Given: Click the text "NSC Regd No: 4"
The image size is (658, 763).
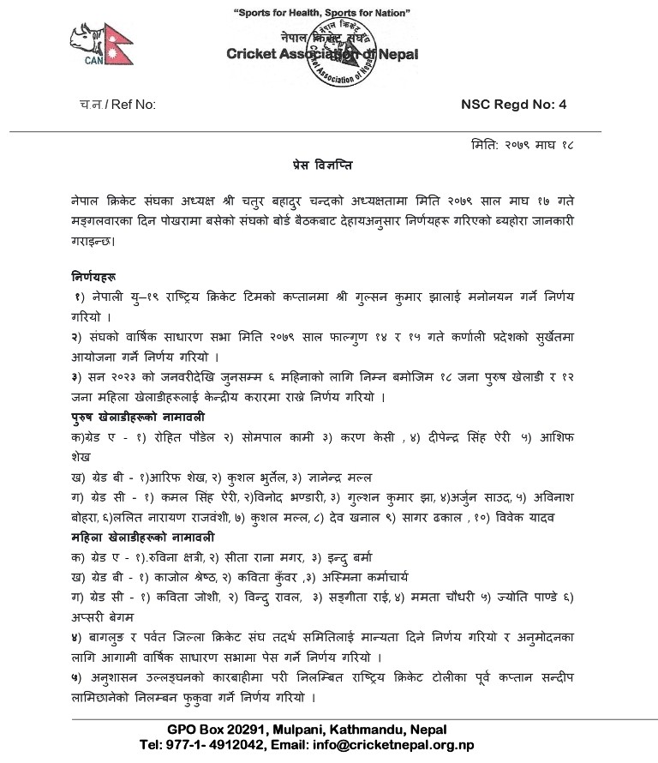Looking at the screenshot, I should tap(514, 105).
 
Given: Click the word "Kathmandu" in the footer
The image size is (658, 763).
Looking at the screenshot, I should tap(357, 730).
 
